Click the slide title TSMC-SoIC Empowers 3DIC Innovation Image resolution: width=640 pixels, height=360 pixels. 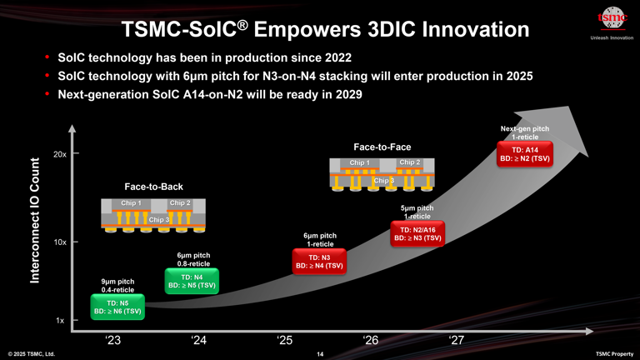tap(325, 29)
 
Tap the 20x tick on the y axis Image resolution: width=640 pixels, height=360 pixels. tap(60, 154)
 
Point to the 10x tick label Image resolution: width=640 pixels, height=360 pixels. tap(60, 242)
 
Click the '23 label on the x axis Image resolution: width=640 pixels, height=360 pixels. tap(113, 339)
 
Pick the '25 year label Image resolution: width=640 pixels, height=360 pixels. tap(285, 339)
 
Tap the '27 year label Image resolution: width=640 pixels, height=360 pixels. tap(456, 339)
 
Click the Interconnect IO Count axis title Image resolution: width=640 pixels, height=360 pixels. tap(36, 219)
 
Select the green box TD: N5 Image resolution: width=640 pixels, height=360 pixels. tap(117, 307)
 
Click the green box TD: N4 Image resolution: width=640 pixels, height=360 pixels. tap(192, 281)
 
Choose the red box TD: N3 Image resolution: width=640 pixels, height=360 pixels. tap(319, 262)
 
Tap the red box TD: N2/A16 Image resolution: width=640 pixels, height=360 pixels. tap(417, 233)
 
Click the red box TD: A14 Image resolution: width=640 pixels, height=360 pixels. tap(524, 153)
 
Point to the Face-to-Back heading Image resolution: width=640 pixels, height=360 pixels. tap(153, 187)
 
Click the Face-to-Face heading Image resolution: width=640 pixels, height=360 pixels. tap(382, 147)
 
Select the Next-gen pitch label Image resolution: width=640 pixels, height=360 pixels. tap(524, 132)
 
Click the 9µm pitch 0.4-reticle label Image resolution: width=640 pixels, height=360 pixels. tap(117, 286)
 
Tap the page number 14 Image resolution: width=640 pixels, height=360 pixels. tap(320, 354)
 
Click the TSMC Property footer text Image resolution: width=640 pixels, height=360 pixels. tap(614, 354)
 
